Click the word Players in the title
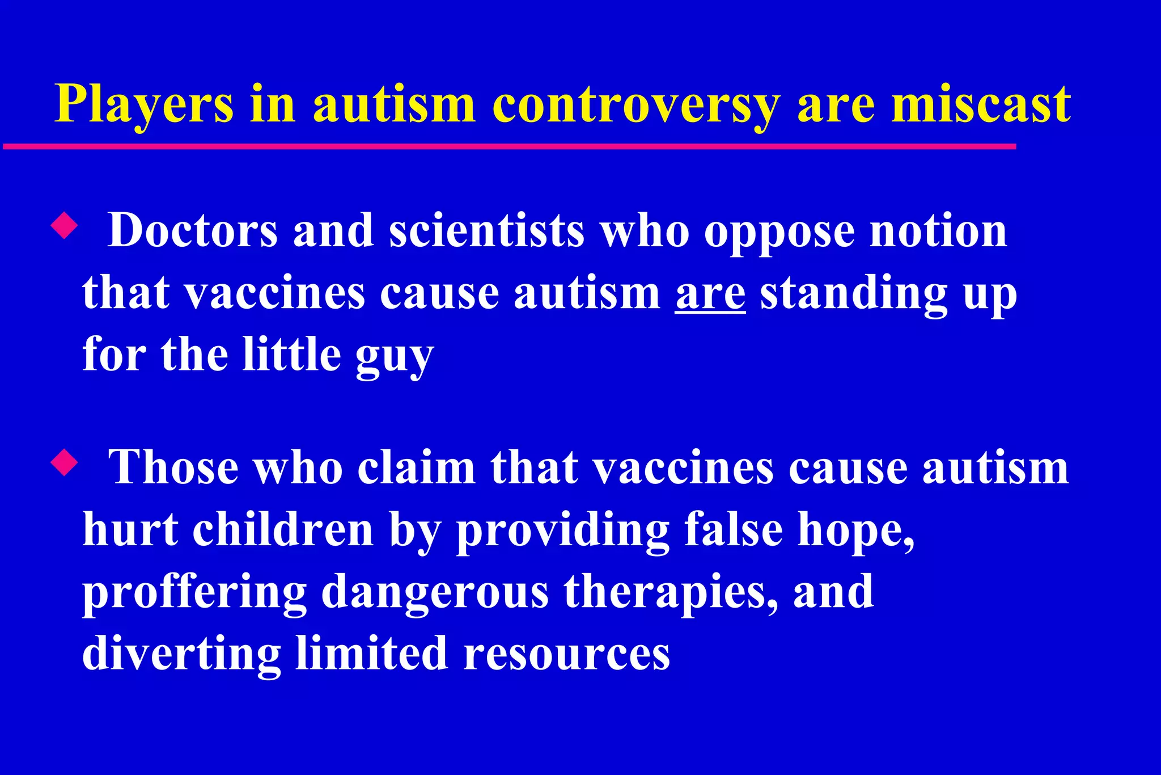point(144,104)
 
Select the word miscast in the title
point(981,104)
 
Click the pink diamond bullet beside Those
point(64,462)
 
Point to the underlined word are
point(710,294)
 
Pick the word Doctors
point(193,231)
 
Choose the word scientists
point(486,231)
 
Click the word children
point(283,530)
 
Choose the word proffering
point(194,593)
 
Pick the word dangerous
point(435,593)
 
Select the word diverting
point(181,654)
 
